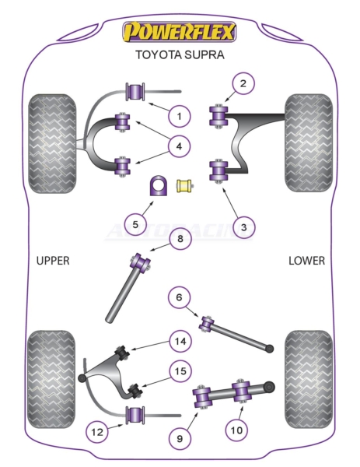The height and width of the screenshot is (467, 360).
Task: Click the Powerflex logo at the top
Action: click(x=180, y=32)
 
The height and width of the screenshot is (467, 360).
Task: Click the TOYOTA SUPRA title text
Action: click(x=180, y=55)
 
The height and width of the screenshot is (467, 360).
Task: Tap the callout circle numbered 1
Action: click(x=179, y=116)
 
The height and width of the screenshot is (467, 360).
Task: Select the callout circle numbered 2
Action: click(x=243, y=83)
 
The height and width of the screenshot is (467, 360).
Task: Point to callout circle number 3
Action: click(x=243, y=227)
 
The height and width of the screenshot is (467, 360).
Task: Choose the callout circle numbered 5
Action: click(x=135, y=224)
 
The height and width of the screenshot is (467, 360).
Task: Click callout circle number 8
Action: click(x=180, y=239)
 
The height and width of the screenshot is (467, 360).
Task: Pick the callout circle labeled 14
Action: click(x=180, y=341)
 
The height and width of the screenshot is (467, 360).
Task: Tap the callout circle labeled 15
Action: click(x=180, y=371)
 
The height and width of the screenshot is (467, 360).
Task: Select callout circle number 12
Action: click(x=97, y=431)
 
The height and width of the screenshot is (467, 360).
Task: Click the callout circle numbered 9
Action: click(x=180, y=438)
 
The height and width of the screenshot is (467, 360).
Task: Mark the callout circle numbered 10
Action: click(x=236, y=430)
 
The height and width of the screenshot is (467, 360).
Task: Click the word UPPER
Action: click(x=53, y=261)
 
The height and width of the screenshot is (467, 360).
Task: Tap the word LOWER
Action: click(x=307, y=261)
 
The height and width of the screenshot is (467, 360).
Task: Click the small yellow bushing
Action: click(x=185, y=186)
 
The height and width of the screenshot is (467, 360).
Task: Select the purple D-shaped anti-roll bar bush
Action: click(x=158, y=186)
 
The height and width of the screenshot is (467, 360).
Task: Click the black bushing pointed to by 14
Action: click(x=122, y=353)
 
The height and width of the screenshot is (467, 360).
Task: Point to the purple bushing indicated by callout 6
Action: click(x=207, y=324)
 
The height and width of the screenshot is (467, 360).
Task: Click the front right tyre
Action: click(x=309, y=143)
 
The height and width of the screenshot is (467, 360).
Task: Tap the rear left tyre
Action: click(x=51, y=380)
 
